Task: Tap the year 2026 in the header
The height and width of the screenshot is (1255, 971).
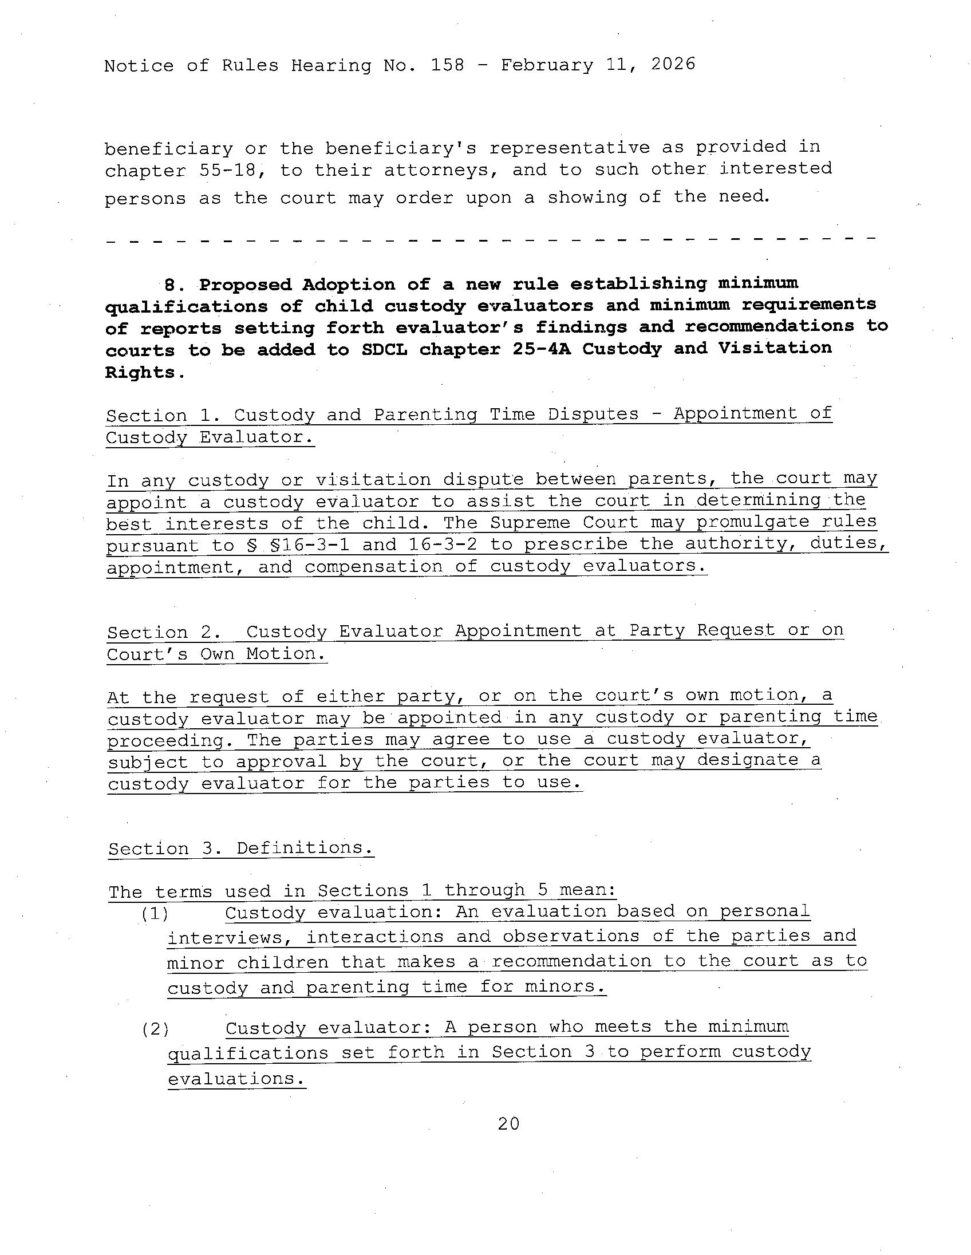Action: tap(673, 64)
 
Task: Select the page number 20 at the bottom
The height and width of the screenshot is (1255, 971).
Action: tap(508, 1124)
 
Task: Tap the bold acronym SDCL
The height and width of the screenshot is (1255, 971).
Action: tap(384, 349)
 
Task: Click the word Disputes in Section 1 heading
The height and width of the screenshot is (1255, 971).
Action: tap(593, 414)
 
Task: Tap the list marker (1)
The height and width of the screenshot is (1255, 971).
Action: tap(155, 914)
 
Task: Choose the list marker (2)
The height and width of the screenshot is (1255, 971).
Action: tap(155, 1029)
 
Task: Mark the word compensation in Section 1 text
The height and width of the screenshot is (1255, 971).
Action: tap(373, 567)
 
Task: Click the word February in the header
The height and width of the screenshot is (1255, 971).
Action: tap(546, 65)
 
